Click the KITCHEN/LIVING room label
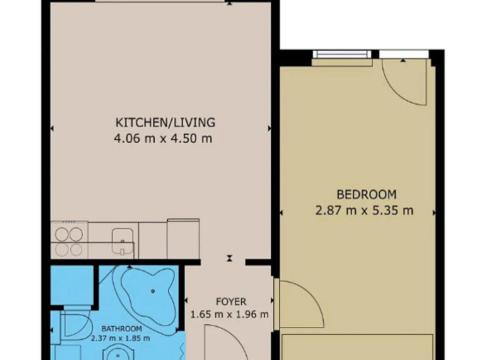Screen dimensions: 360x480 (165, 123)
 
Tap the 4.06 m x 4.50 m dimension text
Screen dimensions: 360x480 (165, 138)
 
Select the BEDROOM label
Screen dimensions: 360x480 (366, 194)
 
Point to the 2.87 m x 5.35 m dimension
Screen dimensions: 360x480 (366, 210)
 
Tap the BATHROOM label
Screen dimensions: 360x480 (121, 328)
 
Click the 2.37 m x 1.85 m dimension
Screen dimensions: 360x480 (121, 338)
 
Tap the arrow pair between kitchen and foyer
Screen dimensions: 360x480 (230, 258)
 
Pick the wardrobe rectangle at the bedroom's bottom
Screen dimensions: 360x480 (355, 344)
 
